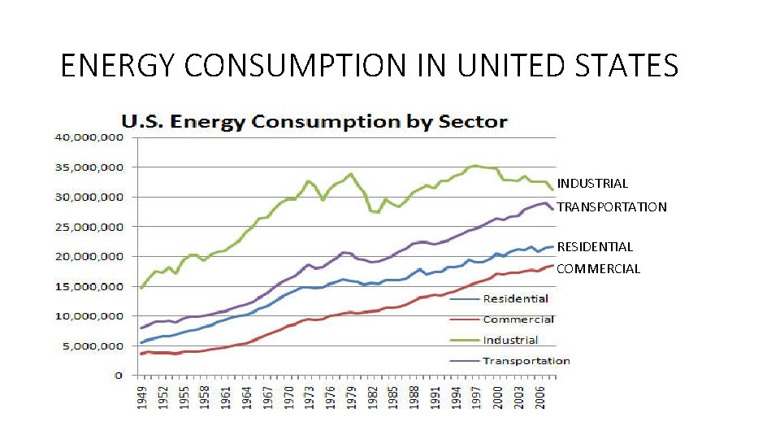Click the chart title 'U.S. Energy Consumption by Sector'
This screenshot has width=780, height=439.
[314, 122]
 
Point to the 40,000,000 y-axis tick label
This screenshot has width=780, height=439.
[89, 137]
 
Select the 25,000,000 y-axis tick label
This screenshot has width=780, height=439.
[89, 227]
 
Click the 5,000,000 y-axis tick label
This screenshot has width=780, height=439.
[92, 346]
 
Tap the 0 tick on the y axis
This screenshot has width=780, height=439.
[118, 376]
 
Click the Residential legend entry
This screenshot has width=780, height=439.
[515, 299]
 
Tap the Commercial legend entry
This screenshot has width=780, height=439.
[518, 319]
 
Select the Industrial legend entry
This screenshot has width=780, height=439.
[510, 340]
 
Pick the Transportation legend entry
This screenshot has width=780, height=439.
[526, 360]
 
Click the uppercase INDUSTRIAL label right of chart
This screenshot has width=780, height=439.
[592, 184]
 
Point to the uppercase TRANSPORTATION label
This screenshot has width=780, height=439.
[612, 207]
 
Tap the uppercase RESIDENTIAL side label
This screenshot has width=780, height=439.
[595, 246]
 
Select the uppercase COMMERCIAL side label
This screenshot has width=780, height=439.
[599, 268]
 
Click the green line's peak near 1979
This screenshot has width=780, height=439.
[350, 173]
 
